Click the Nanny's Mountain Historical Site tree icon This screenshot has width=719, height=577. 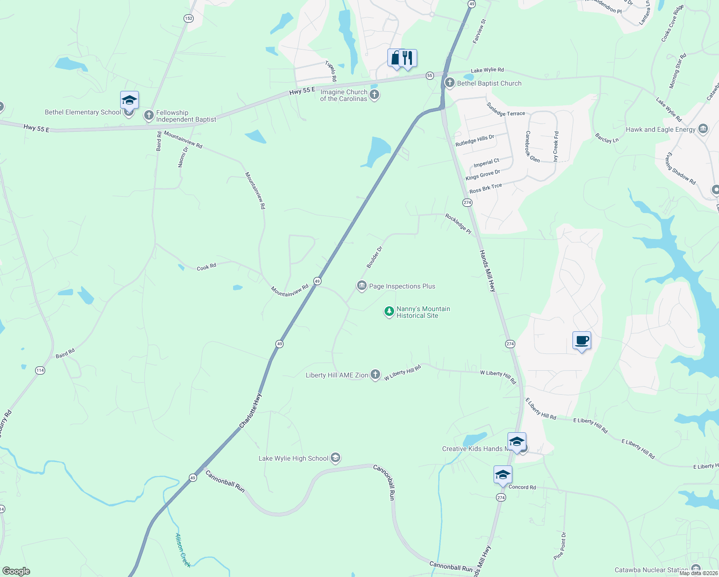coord(389,312)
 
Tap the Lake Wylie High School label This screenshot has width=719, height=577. coord(293,458)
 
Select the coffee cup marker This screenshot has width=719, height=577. coord(582,341)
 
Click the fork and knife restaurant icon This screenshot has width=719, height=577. coord(408,58)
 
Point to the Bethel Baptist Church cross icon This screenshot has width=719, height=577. coord(450,83)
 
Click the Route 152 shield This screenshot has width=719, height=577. coord(188,18)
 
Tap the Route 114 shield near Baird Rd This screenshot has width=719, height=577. coord(40,370)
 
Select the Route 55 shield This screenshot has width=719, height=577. coord(430,75)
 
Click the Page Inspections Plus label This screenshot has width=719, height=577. coord(402,286)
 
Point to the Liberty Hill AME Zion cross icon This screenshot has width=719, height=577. coord(375,375)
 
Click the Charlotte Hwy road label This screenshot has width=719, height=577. coord(250,411)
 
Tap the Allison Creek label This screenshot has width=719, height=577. coord(183,550)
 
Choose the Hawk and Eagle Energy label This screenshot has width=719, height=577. coord(660,129)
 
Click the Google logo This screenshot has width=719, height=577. coord(16,571)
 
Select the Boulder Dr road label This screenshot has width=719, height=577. coord(374,257)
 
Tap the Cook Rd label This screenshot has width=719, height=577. coord(206,267)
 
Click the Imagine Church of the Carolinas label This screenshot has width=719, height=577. coord(344,95)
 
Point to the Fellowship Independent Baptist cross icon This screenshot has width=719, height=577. coord(149,115)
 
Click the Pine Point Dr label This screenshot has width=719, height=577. coord(560,545)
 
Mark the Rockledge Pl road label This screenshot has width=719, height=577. coord(458,224)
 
